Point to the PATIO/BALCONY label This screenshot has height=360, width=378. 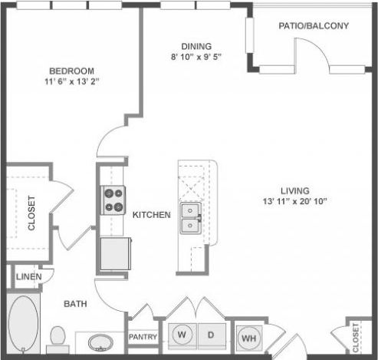click(x=314, y=25)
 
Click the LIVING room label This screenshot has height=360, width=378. click(x=294, y=190)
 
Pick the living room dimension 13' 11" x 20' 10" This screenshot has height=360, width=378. click(x=294, y=202)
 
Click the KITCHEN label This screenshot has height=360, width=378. click(x=152, y=215)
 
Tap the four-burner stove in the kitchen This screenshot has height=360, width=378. click(x=114, y=200)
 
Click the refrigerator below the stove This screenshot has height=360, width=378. click(x=113, y=252)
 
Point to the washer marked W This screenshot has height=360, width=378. click(x=183, y=335)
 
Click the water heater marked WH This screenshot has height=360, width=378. click(x=249, y=336)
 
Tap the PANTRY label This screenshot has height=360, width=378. click(x=143, y=337)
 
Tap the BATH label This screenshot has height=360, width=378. click(x=74, y=304)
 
